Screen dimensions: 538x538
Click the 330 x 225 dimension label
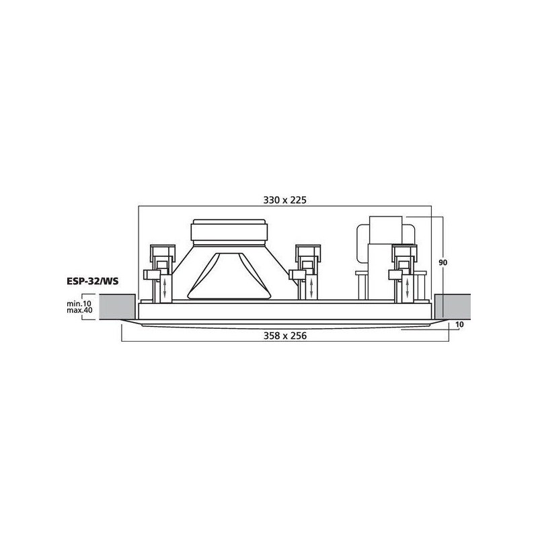284,200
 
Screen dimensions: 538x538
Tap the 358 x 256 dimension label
284,336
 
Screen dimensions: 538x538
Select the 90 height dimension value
443,262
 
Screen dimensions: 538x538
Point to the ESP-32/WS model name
92,282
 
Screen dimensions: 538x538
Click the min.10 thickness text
79,304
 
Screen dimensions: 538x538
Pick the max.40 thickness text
79,311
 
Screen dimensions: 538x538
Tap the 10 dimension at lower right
459,324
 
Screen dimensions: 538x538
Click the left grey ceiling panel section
117,307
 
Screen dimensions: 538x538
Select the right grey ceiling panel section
453,307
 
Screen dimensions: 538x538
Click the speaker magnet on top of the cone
229,231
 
